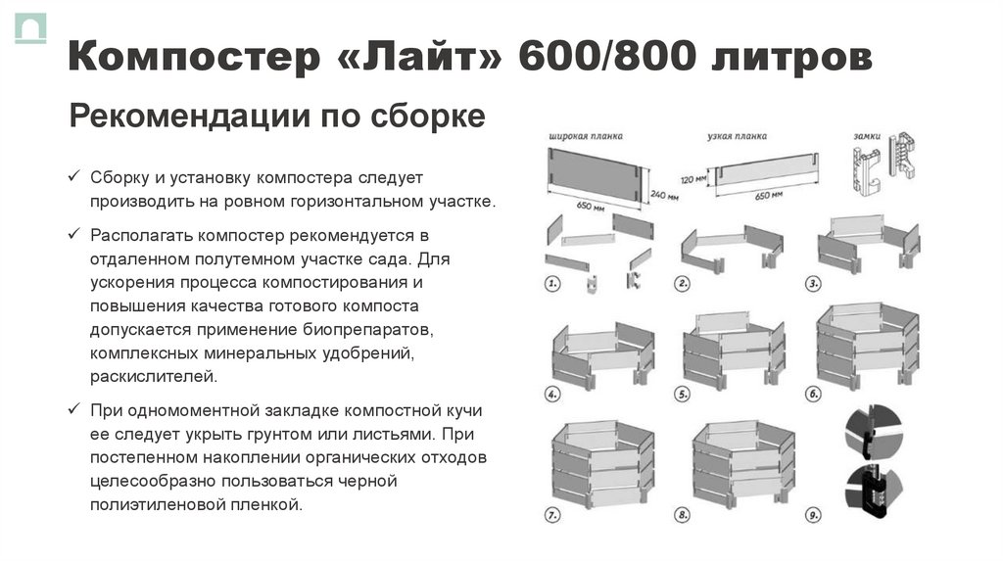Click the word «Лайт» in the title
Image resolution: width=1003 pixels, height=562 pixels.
click(422, 58)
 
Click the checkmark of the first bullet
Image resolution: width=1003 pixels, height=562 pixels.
click(74, 177)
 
